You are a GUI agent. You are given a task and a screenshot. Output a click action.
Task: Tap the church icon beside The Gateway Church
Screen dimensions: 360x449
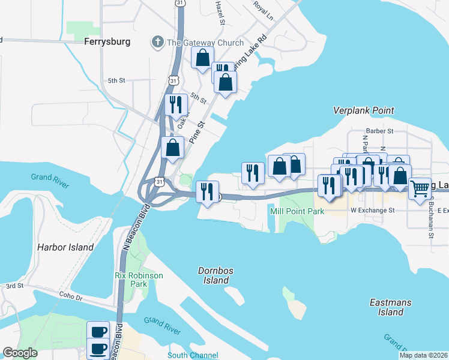(x=157, y=43)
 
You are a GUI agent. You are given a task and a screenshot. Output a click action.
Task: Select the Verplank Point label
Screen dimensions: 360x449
(x=364, y=110)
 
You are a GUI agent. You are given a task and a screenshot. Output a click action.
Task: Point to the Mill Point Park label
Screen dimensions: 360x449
(x=297, y=211)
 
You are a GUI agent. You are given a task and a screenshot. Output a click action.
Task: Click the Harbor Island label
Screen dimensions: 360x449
(x=65, y=247)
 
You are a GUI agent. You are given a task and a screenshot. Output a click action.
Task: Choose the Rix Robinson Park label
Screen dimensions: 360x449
(x=139, y=280)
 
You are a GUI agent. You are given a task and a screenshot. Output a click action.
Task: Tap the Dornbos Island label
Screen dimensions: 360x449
(x=215, y=275)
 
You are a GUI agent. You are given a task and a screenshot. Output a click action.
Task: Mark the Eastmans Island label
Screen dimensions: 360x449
(x=391, y=307)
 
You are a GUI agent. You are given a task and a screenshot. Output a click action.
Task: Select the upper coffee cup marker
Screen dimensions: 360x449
(x=98, y=332)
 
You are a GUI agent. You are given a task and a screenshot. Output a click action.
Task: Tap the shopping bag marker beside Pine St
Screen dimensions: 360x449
(x=172, y=148)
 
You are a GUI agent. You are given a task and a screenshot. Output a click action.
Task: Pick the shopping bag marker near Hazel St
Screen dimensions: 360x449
(x=203, y=58)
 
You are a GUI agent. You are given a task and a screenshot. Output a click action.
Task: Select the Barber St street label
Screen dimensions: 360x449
(x=379, y=131)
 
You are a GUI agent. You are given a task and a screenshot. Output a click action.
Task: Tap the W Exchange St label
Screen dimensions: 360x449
(x=372, y=211)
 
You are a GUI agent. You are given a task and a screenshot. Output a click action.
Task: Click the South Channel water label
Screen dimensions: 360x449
(x=193, y=355)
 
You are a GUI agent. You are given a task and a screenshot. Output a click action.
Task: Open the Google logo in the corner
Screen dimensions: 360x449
(x=20, y=353)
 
